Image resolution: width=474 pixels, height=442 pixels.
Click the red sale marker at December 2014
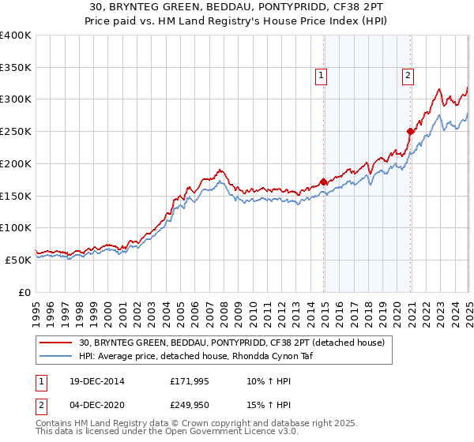(324, 181)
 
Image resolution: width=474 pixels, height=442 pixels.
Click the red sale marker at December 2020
(411, 131)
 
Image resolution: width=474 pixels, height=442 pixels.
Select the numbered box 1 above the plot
(322, 76)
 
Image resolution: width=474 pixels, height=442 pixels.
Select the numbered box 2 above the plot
(408, 76)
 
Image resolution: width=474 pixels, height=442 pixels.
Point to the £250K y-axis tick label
(16, 131)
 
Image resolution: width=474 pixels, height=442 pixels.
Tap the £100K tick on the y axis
(16, 227)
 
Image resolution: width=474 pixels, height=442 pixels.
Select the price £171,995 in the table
(188, 381)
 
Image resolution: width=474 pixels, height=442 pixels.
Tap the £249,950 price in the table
(188, 405)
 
